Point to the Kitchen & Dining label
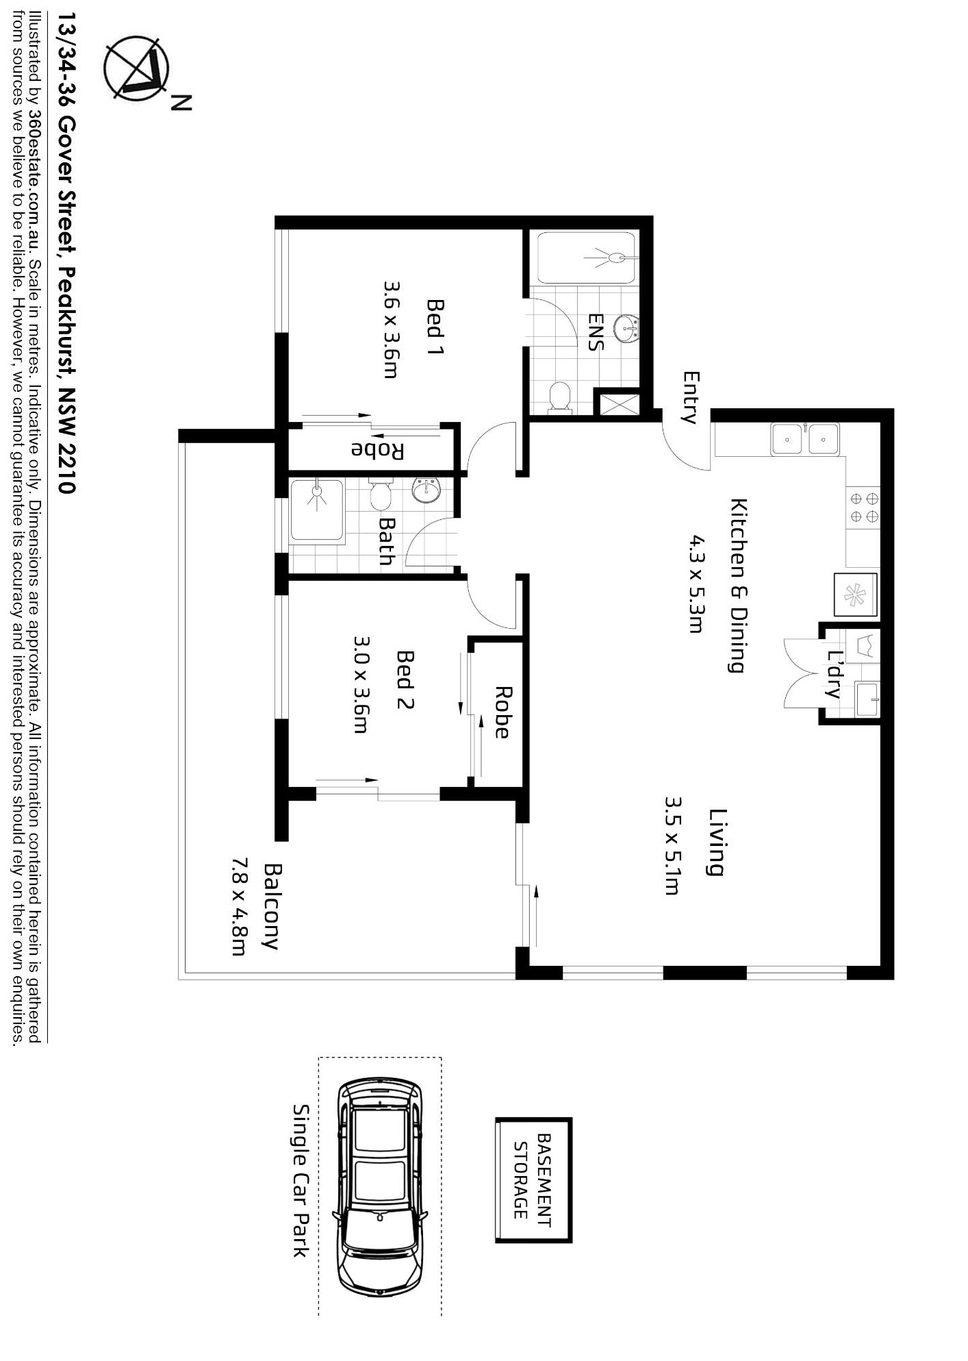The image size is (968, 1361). coord(738,586)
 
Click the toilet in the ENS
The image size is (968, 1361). coord(560,397)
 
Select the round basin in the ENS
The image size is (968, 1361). coord(626,329)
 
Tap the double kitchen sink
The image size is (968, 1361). coord(804,439)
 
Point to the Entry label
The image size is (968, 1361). coord(691,397)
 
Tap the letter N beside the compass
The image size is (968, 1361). coord(181,102)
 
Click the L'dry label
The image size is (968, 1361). coord(835,674)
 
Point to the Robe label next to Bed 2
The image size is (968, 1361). coord(502,712)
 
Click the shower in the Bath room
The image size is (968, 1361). coord(316,510)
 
